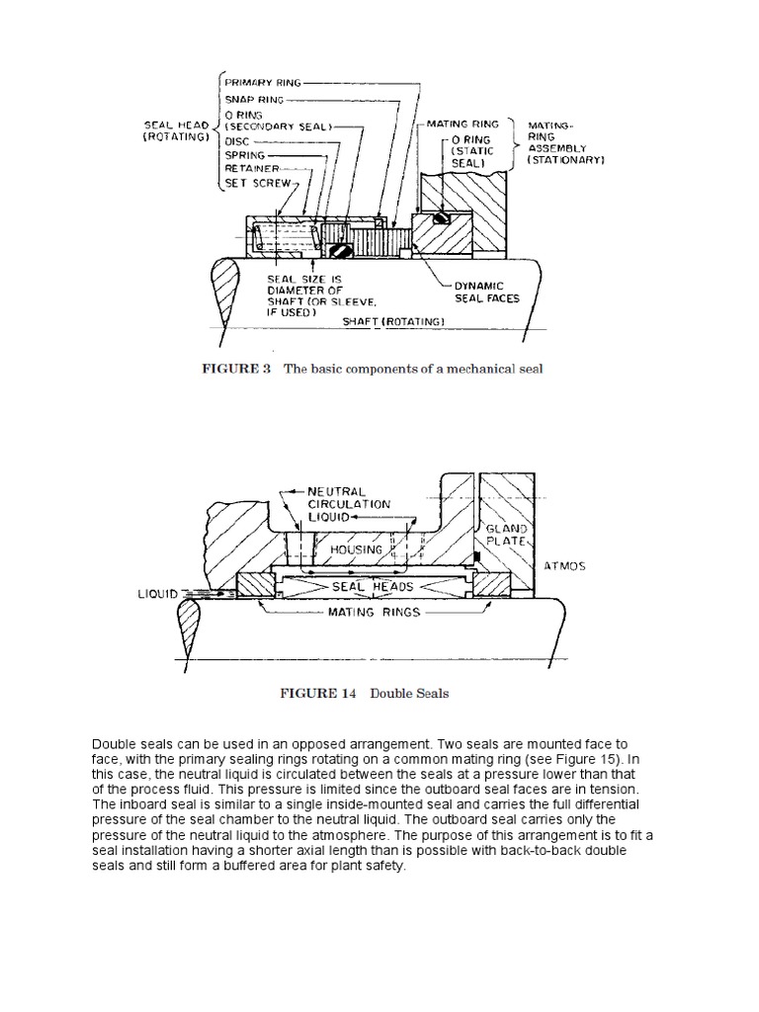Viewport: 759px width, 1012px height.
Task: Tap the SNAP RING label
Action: coord(255,101)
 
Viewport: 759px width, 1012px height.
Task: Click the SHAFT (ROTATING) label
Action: coord(392,321)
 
